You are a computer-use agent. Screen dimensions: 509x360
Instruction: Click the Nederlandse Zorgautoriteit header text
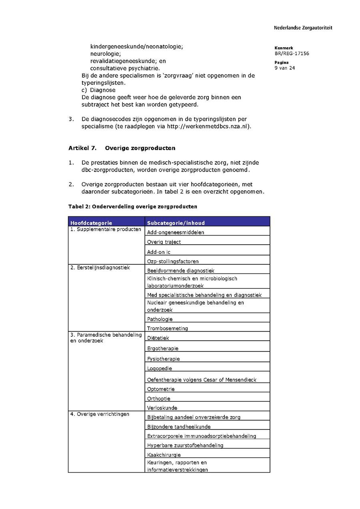coord(303,28)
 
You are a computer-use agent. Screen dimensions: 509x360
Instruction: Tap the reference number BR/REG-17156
coord(292,54)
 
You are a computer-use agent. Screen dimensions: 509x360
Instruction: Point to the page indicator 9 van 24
coord(285,68)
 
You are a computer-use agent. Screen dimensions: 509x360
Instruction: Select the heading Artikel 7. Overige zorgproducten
coord(122,148)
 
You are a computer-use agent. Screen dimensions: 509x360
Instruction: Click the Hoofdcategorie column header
coord(91,223)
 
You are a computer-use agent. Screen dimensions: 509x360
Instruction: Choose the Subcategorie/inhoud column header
coord(176,223)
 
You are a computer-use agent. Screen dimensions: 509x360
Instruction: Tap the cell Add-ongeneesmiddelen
coord(175,232)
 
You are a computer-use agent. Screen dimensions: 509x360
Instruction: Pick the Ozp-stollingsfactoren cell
coord(173,261)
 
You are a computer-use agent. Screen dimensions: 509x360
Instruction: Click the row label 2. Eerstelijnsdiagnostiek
coord(100,267)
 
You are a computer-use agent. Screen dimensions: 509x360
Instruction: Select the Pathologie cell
coord(160,319)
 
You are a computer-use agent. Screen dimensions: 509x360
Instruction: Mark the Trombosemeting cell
coord(167,328)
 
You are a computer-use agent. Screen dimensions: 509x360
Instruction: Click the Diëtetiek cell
coord(158,338)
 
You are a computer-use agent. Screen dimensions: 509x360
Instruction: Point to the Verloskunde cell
coord(162,408)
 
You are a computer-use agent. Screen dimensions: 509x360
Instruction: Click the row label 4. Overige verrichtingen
coord(100,414)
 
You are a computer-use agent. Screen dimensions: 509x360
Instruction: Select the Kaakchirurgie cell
coord(164,455)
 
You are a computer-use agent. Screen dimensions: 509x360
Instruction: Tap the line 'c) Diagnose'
coord(98,90)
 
